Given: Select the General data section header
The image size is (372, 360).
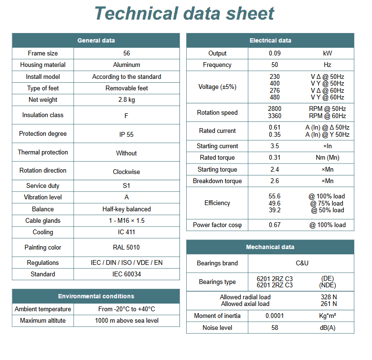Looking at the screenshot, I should click(96, 41).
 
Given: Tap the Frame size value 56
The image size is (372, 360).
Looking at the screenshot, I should click(127, 54).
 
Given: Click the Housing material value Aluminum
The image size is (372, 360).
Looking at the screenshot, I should click(127, 65).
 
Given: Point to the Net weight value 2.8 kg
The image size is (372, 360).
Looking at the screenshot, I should click(127, 100).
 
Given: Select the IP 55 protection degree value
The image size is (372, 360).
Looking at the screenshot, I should click(127, 134).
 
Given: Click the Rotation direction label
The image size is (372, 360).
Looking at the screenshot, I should click(43, 171).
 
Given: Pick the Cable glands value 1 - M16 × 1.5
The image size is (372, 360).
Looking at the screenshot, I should click(127, 221).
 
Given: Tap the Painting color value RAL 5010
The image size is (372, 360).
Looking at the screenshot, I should click(127, 248).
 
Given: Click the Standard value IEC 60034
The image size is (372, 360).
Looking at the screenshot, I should click(127, 274).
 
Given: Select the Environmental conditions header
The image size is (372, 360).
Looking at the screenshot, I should click(96, 296).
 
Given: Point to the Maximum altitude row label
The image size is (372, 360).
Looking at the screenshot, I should click(43, 321).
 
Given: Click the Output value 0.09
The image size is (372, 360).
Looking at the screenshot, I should click(275, 54).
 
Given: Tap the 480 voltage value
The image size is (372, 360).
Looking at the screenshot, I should click(275, 97).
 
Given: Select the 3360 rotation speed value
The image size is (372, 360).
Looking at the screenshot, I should click(275, 116).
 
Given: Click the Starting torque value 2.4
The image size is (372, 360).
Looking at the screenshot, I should click(275, 170).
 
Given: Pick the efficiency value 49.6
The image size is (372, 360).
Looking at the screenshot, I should click(275, 203).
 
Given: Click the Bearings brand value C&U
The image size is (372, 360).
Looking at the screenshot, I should click(302, 263).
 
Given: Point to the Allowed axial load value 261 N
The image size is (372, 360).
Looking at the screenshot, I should click(329, 304).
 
